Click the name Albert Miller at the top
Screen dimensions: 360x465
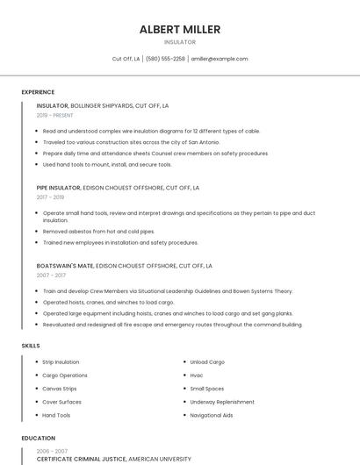point(179,29)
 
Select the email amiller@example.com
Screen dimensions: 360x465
point(220,59)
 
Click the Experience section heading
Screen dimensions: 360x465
point(38,92)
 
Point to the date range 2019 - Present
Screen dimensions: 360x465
point(55,115)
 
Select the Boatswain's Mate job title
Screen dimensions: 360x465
point(65,265)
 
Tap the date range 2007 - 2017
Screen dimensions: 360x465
point(51,275)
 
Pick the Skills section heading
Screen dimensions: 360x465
point(31,346)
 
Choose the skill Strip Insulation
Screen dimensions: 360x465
point(61,361)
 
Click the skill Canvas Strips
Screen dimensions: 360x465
point(60,388)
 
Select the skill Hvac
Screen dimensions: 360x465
point(197,375)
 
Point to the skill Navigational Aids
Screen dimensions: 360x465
point(212,415)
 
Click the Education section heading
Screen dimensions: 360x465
point(37,438)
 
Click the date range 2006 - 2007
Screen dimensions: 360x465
point(52,451)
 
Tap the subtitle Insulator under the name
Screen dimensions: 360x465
point(179,42)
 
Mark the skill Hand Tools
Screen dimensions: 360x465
point(56,415)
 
